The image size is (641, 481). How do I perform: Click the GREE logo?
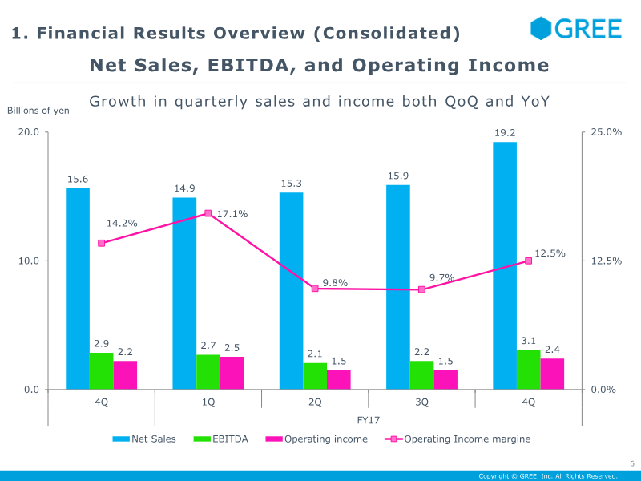point(576,29)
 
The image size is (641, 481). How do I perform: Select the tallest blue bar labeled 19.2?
point(505,265)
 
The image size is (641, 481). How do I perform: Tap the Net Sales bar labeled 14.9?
point(184,293)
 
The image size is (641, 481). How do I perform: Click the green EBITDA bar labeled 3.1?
point(528,370)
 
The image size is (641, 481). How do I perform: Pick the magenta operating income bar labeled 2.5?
point(232,373)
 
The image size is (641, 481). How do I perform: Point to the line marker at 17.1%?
point(208,213)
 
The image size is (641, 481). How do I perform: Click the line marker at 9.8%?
point(315,288)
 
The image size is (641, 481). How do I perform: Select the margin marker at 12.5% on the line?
point(528,261)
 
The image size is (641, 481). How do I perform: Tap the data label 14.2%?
point(122,223)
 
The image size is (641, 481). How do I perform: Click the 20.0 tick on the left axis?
point(30,132)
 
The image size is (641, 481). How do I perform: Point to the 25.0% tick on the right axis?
point(606,132)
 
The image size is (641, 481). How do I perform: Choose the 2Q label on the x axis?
point(315,402)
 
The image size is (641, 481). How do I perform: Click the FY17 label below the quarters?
point(368,419)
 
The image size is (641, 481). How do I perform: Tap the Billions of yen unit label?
point(38,110)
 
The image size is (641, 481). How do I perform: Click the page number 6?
point(631,463)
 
